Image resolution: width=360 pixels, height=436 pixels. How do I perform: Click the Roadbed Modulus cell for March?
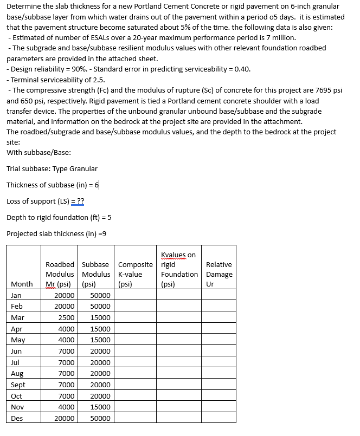67,317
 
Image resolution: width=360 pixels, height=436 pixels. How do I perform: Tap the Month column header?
21,284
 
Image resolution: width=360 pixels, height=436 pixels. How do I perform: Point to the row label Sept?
18,385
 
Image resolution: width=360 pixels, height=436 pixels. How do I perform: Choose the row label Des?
17,418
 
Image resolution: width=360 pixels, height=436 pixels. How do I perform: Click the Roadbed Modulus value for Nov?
67,407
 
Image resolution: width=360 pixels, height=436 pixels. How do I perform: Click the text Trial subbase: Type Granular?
52,168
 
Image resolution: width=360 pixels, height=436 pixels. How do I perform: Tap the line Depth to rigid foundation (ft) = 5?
59,217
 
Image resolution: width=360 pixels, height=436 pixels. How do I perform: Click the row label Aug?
17,374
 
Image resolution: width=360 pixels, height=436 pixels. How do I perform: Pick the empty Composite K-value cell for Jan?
135,295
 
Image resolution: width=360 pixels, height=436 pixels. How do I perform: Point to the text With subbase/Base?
39,152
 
